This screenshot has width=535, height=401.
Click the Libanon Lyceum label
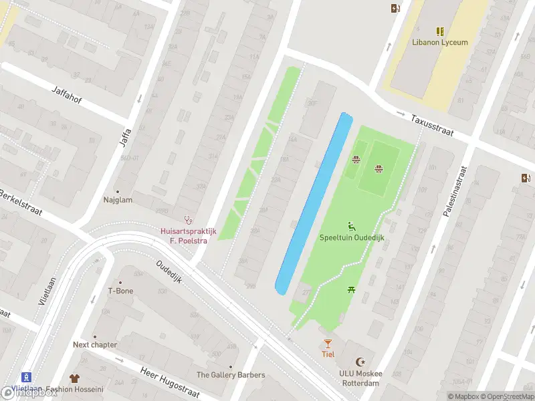(x=439, y=42)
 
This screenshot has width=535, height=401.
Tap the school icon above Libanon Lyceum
(x=439, y=31)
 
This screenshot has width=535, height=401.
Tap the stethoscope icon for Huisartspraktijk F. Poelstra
(x=188, y=219)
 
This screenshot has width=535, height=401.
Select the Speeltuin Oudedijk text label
(x=351, y=238)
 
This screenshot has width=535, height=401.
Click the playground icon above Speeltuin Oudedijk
(x=351, y=227)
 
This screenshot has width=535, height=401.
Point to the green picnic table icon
(x=351, y=289)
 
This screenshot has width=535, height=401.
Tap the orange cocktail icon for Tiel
(x=328, y=344)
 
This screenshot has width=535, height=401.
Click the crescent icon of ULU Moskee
(x=363, y=362)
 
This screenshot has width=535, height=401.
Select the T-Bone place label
(x=120, y=291)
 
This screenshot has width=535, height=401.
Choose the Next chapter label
(x=95, y=345)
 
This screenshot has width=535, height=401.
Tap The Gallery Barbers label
(x=231, y=375)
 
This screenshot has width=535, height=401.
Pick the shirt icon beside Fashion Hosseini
(x=74, y=378)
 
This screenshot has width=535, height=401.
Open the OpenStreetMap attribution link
(x=508, y=396)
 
